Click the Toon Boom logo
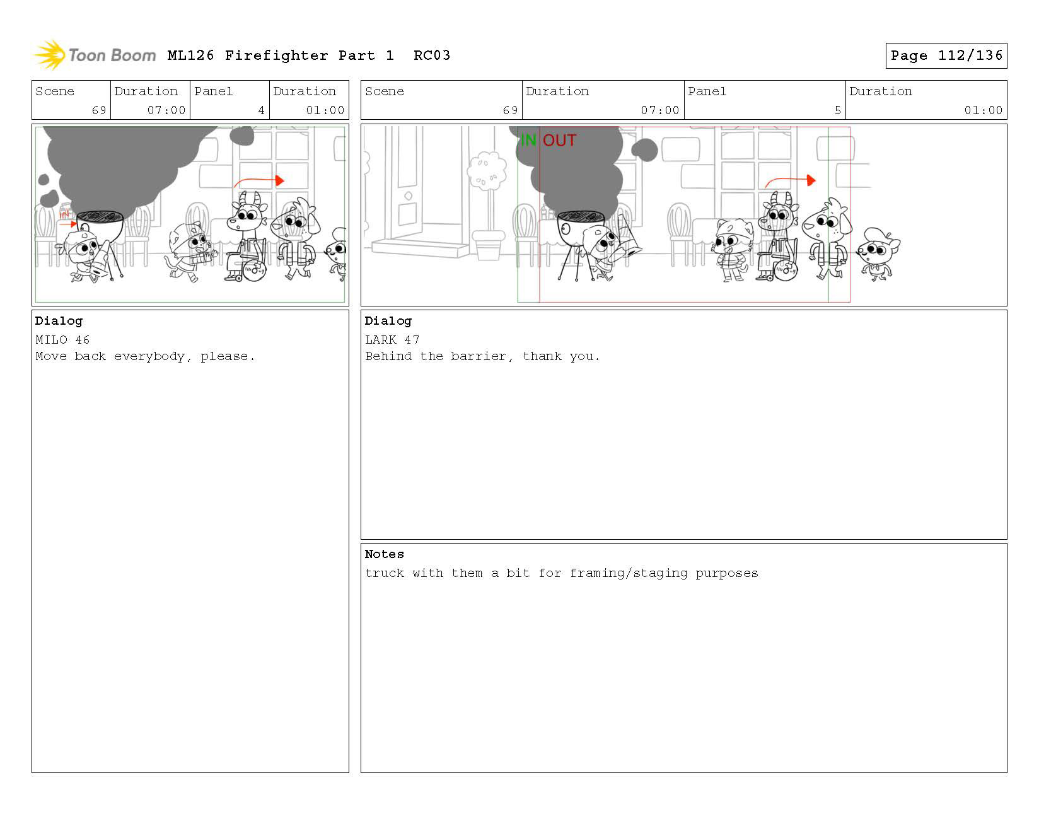point(94,55)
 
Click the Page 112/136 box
point(946,55)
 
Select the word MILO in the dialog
point(51,340)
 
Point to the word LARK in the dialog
point(380,340)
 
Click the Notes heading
point(385,554)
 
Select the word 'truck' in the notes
point(385,573)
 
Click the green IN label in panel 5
point(528,140)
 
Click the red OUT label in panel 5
point(560,140)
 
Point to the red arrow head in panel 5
point(811,180)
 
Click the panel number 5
point(837,110)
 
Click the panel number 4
point(261,110)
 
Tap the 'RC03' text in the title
point(432,55)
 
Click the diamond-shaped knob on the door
point(409,196)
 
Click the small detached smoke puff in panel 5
point(644,150)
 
